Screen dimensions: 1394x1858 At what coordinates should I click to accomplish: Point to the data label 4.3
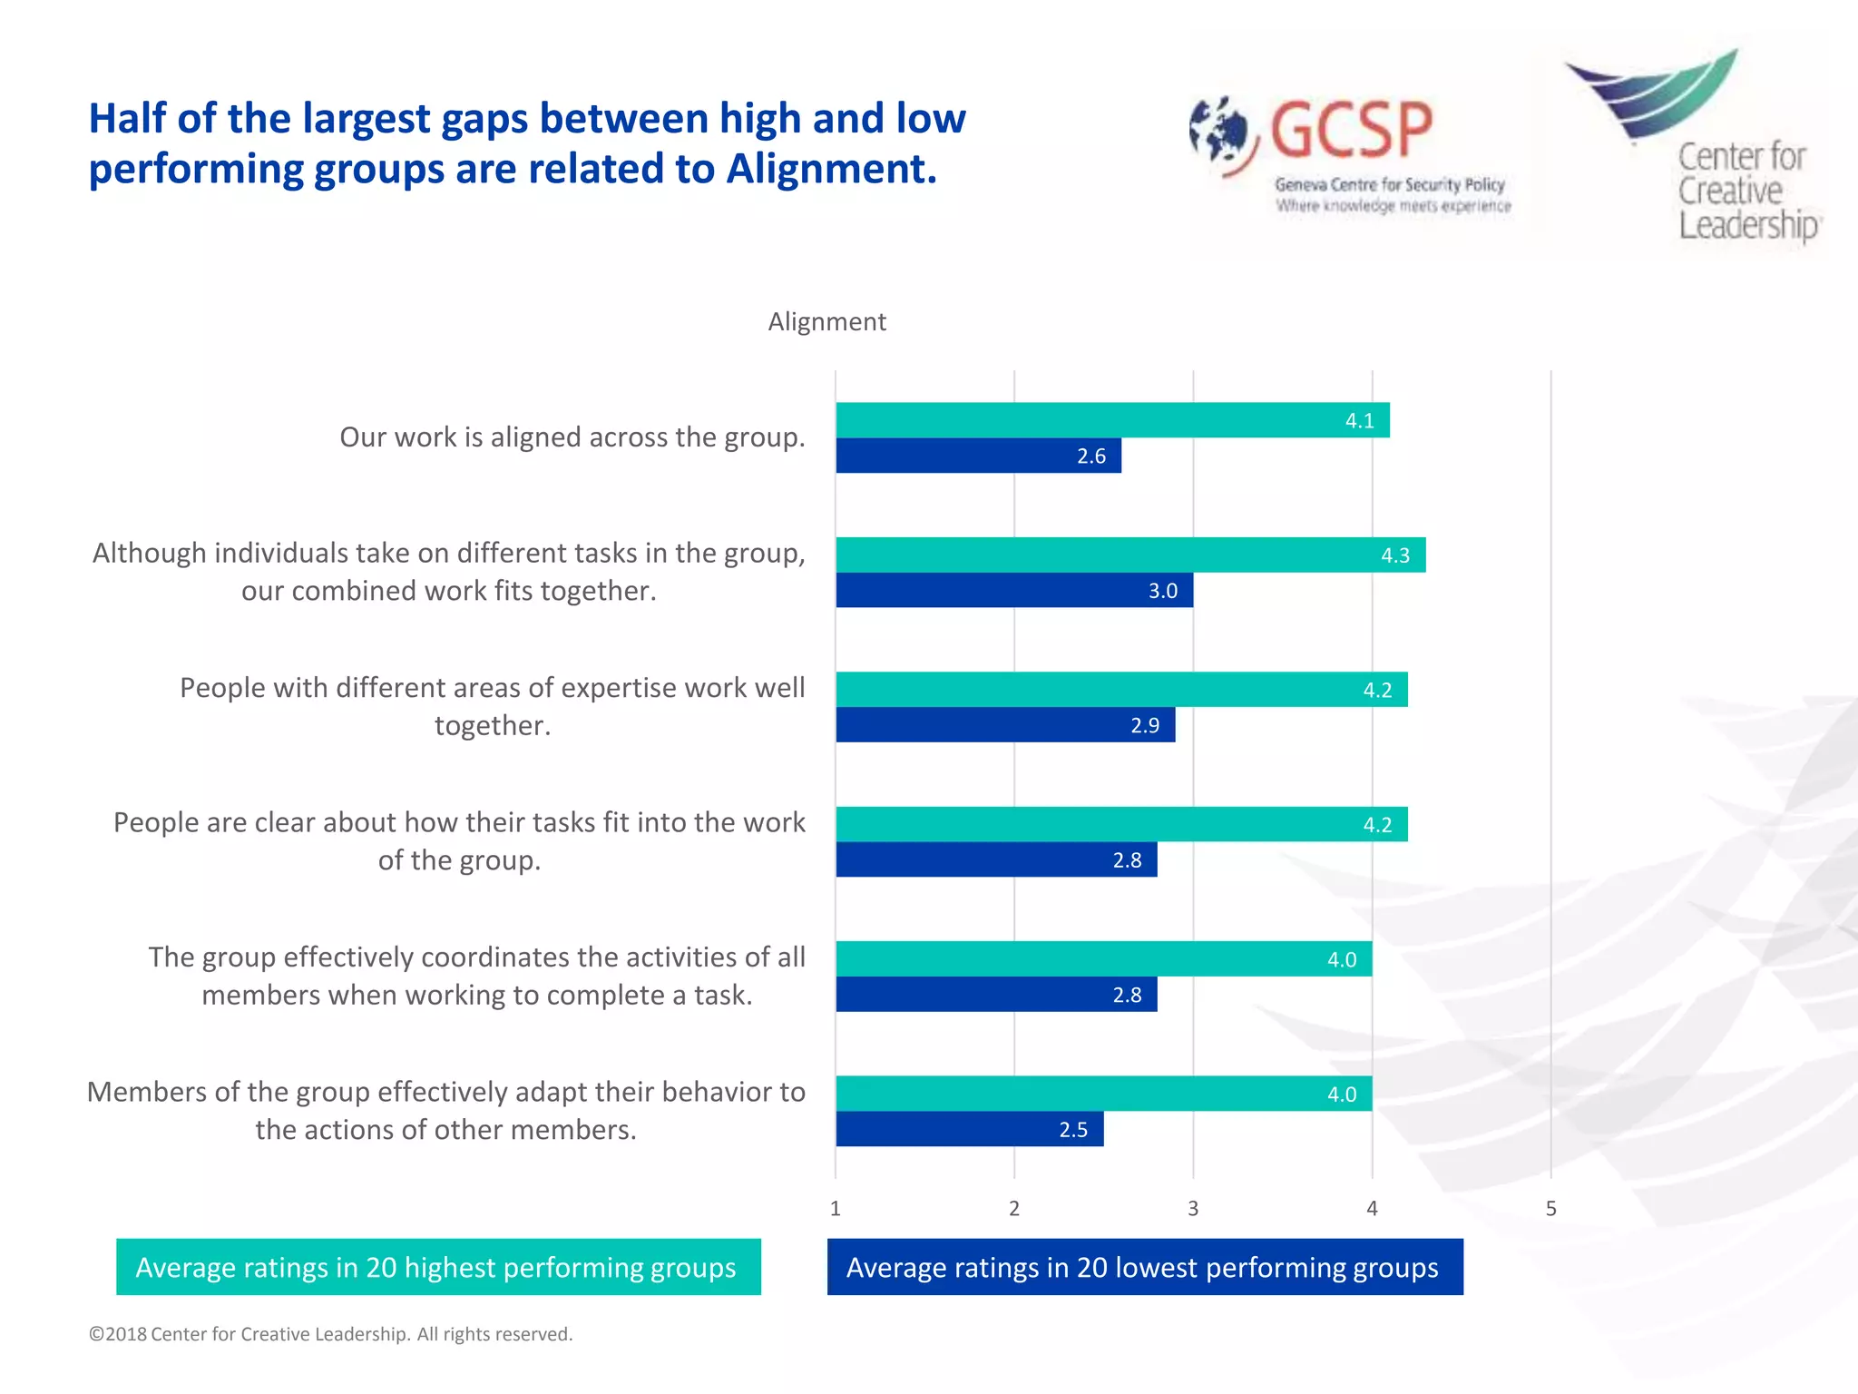(x=1395, y=555)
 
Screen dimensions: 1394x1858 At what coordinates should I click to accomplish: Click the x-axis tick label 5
(x=1550, y=1209)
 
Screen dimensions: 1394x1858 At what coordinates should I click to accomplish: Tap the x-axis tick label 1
(x=836, y=1209)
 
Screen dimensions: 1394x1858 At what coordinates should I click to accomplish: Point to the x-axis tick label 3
(x=1193, y=1209)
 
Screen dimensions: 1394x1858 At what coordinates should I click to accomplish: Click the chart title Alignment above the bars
(x=826, y=321)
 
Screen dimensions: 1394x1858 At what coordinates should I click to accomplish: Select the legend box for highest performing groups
(x=438, y=1267)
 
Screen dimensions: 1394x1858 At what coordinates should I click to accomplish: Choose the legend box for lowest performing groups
(x=1144, y=1267)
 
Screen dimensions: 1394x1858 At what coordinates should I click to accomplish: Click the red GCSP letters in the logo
(x=1351, y=130)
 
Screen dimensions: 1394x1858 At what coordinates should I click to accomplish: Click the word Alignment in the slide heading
(x=830, y=169)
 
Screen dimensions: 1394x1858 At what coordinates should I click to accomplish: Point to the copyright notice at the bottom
(x=330, y=1334)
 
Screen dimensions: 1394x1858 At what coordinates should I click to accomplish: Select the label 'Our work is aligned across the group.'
(x=572, y=437)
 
